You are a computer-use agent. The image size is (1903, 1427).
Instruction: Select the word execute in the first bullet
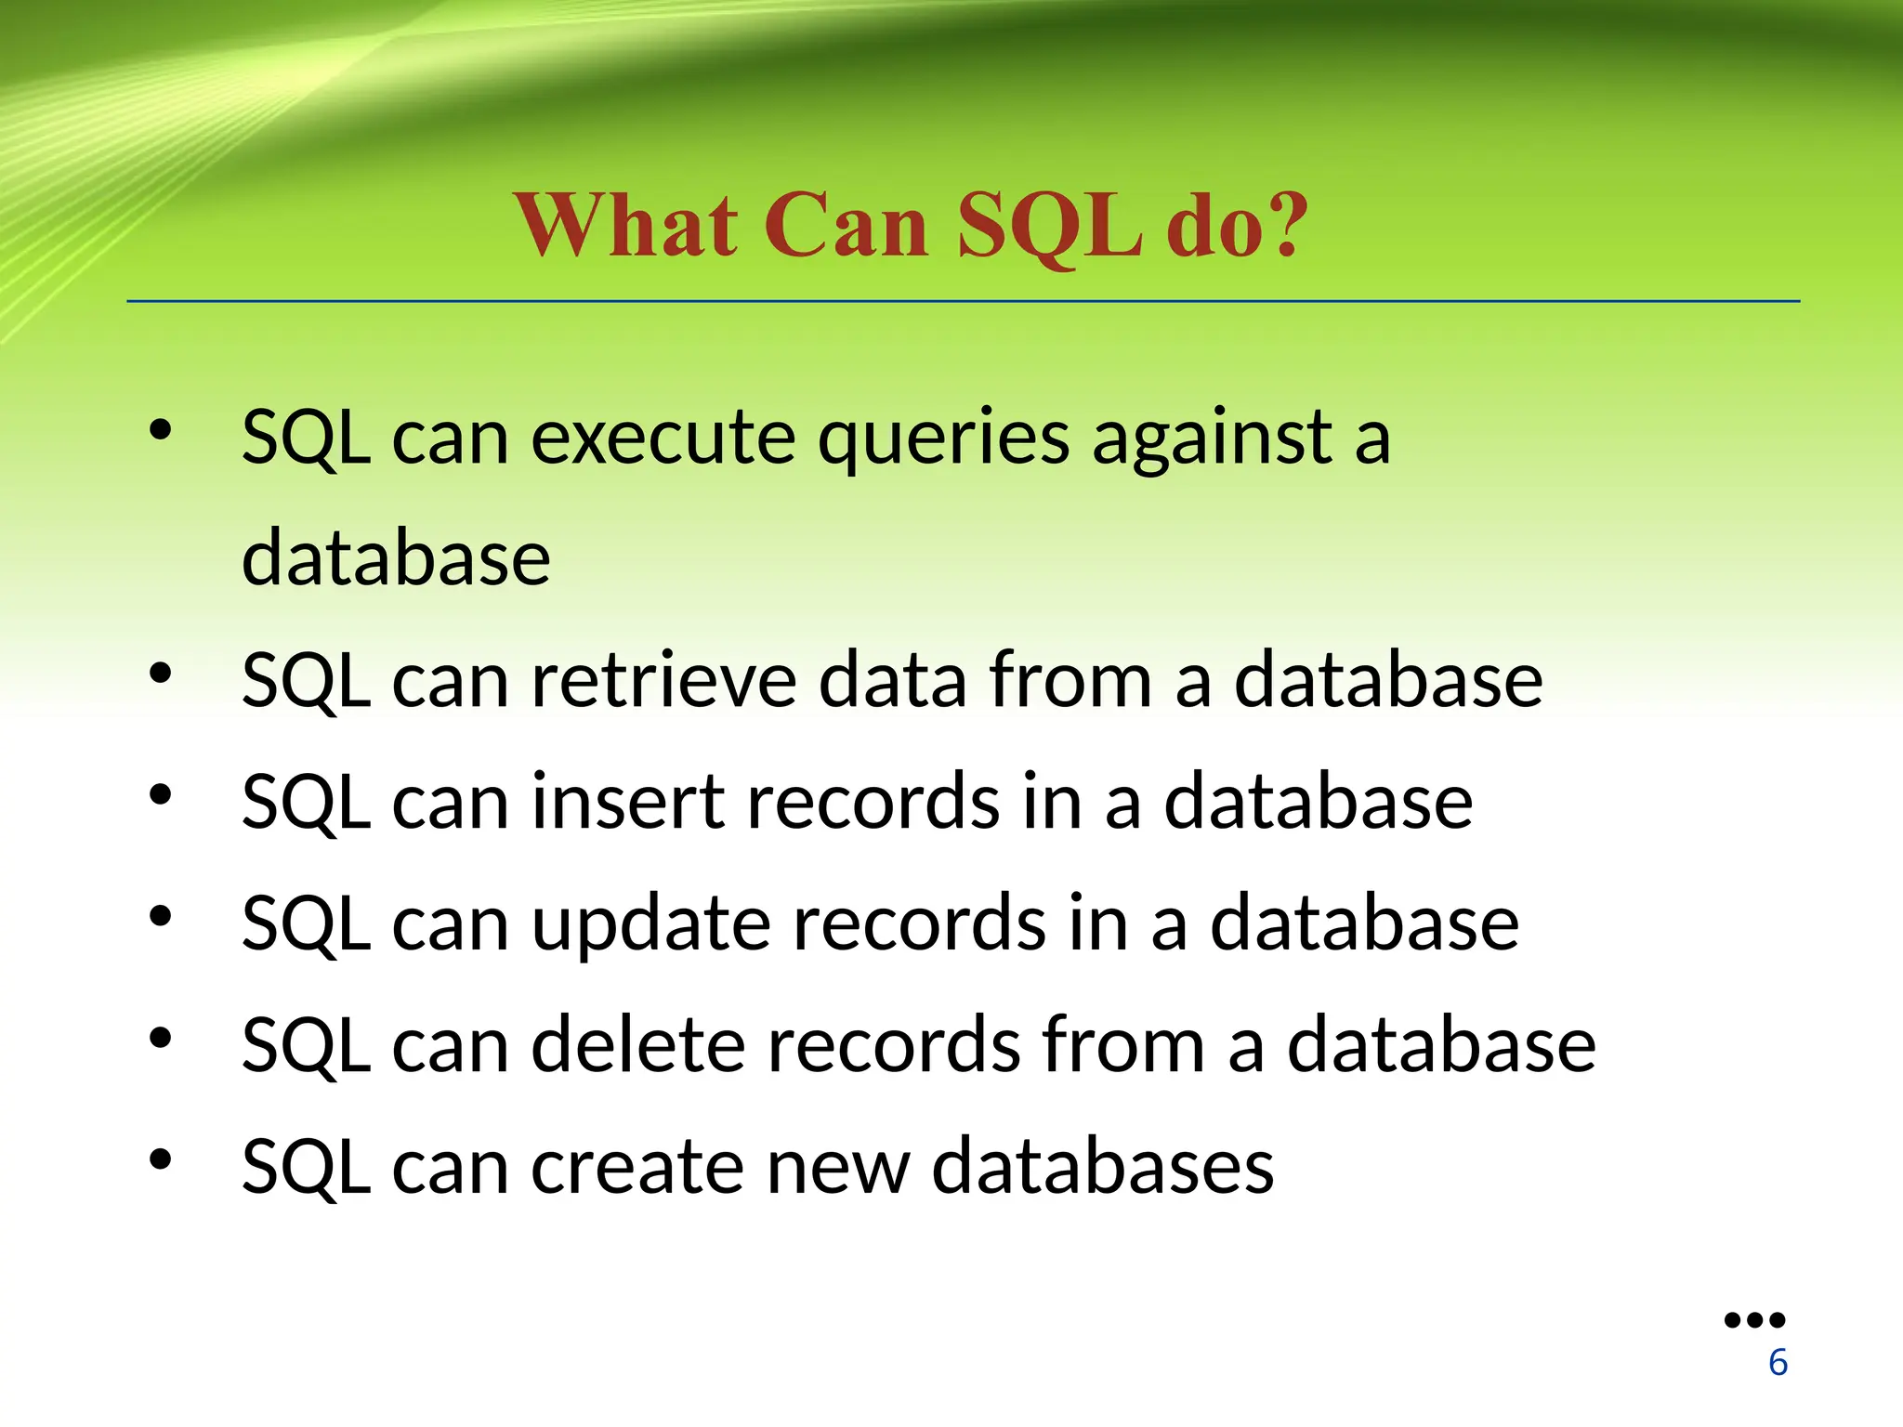coord(663,438)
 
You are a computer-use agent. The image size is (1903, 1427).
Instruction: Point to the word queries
coord(942,439)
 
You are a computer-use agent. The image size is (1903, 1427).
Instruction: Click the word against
coord(1213,438)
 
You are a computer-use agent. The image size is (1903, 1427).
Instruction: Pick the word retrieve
coord(663,680)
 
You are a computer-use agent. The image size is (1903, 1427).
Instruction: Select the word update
coord(650,925)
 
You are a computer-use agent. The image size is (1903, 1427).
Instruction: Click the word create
coord(637,1167)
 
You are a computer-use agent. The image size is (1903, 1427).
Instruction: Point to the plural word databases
coord(1102,1167)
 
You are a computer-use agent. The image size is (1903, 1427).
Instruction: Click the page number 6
coord(1778,1363)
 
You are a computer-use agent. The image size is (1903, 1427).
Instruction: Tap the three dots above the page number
coord(1754,1320)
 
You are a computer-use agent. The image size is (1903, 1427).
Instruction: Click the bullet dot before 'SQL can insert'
coord(161,795)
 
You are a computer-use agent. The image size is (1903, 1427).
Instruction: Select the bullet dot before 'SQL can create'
coord(161,1159)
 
